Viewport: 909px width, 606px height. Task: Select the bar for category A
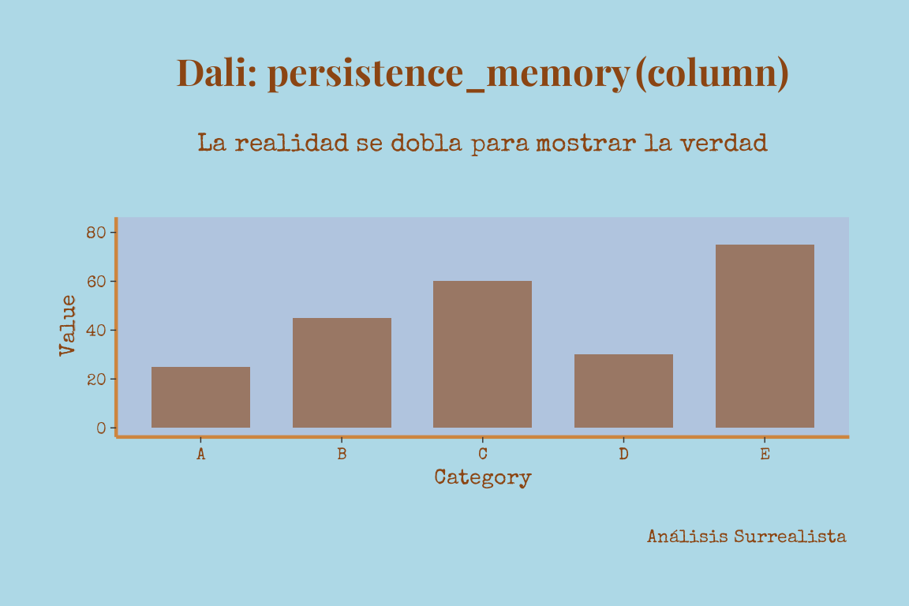(x=200, y=397)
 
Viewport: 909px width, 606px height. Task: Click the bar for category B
(x=342, y=373)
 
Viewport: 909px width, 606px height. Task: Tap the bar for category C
(x=482, y=354)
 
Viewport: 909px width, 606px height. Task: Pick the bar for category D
(x=624, y=391)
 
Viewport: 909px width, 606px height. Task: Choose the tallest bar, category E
(x=765, y=336)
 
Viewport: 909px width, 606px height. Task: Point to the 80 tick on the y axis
(x=96, y=233)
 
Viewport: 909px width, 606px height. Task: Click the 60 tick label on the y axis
(x=96, y=281)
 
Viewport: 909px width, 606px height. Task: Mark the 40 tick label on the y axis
(x=96, y=331)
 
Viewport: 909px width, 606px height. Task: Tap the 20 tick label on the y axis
(x=96, y=380)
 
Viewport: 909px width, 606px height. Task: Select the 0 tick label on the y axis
(x=102, y=428)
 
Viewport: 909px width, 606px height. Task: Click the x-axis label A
(x=200, y=454)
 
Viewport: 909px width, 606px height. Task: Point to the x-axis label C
(x=482, y=454)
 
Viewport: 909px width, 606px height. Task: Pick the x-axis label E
(x=765, y=454)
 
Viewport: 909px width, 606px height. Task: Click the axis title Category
(x=483, y=477)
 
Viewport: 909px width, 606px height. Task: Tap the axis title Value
(x=67, y=325)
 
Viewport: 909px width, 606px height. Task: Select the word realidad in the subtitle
(x=291, y=143)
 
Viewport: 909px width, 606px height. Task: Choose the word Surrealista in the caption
(x=790, y=537)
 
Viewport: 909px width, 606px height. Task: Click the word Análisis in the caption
(x=687, y=537)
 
